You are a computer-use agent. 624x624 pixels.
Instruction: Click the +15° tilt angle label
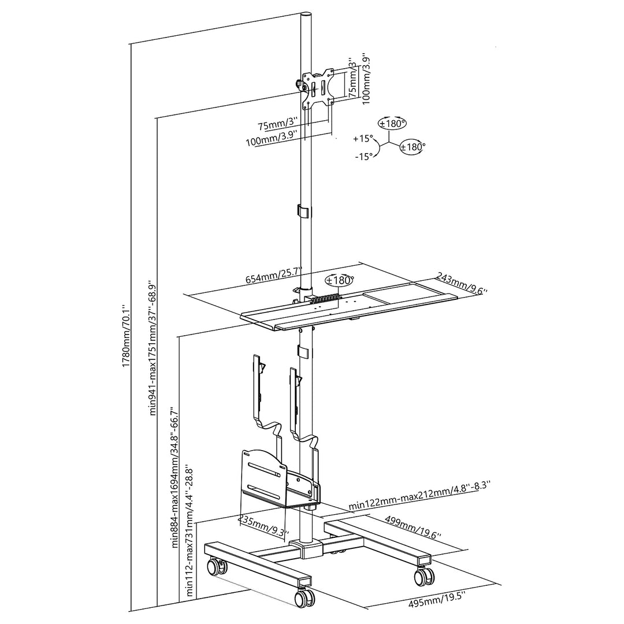point(363,139)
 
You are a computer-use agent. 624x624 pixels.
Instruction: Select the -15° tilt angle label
point(363,157)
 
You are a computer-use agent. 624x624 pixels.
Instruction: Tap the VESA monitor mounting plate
point(318,90)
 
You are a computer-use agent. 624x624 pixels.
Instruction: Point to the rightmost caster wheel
point(425,575)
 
